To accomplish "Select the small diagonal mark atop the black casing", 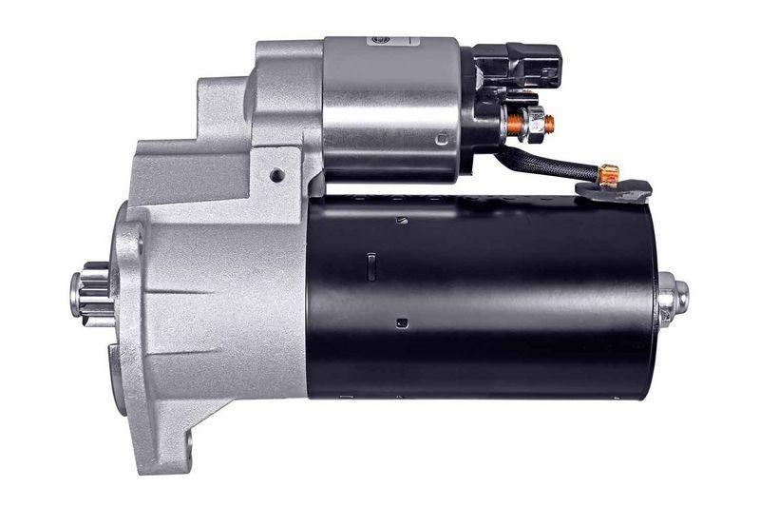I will click(398, 222).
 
